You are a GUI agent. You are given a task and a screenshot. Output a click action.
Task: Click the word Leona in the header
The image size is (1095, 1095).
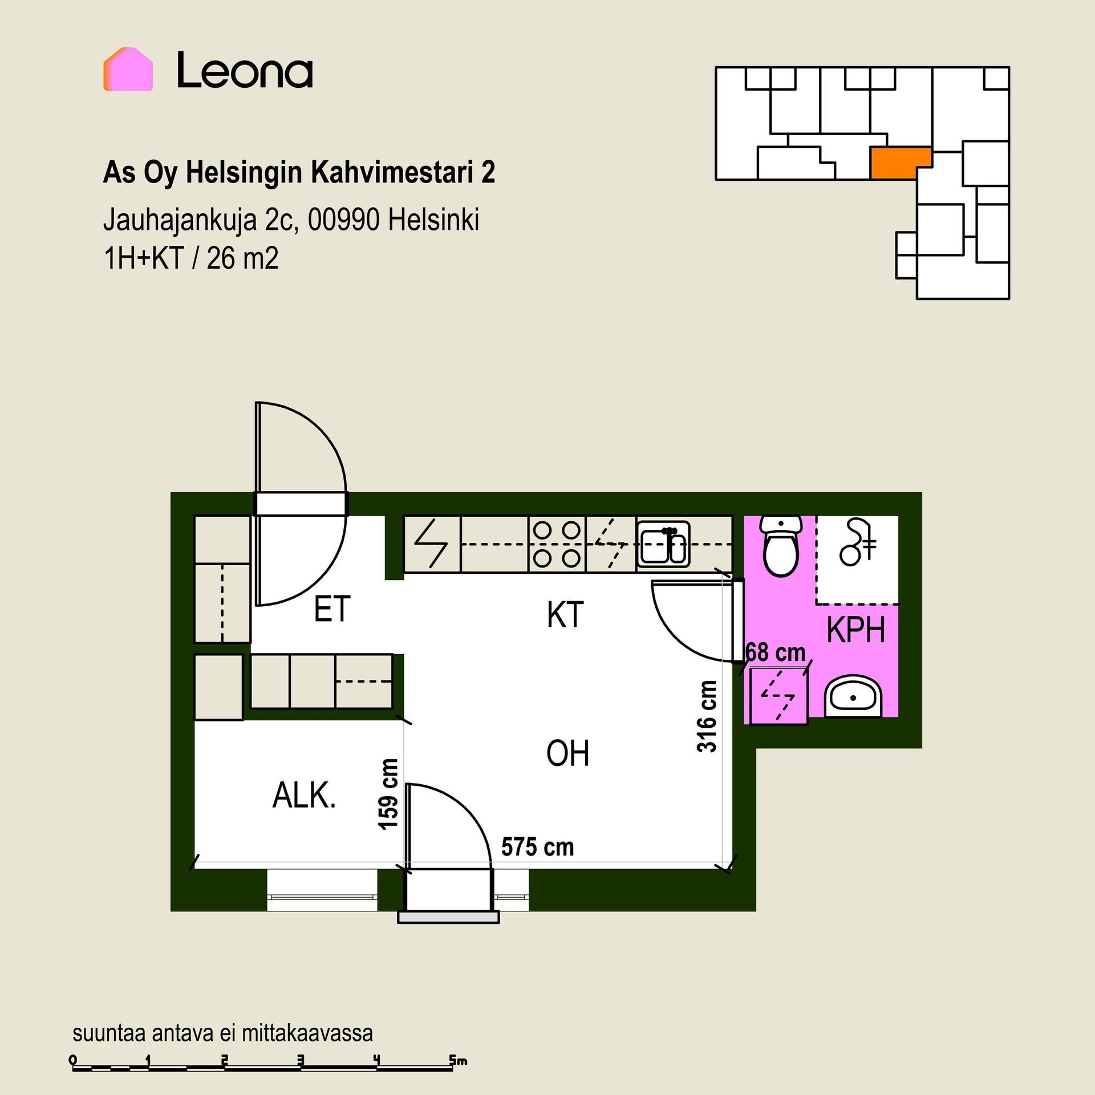point(245,71)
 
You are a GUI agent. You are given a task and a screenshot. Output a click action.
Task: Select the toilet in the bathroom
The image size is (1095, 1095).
point(781,546)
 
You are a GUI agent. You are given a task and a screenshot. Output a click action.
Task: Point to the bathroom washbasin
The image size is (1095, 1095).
point(853,696)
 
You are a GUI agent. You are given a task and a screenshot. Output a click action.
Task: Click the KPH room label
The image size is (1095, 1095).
point(855,630)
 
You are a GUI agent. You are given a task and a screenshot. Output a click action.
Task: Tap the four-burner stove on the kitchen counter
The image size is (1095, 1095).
point(557,544)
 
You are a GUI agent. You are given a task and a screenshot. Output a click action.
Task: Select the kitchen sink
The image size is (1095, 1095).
point(663,545)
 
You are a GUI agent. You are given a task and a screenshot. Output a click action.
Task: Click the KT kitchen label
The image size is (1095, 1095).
point(565,615)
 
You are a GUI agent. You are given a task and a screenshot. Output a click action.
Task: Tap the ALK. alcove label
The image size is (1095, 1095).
point(304,795)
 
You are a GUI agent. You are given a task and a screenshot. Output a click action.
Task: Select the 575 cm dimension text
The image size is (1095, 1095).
point(537,847)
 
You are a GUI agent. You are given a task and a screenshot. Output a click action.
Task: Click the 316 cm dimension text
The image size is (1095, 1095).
point(707,716)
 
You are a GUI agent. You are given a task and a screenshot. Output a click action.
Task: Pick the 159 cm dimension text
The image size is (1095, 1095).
point(388,794)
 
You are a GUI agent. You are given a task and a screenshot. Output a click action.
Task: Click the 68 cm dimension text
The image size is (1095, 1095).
point(776,652)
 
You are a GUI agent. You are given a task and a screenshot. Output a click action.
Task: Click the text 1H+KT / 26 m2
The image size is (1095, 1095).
point(191,258)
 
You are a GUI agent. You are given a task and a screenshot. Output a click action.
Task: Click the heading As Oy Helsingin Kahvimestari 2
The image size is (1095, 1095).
point(299,172)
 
